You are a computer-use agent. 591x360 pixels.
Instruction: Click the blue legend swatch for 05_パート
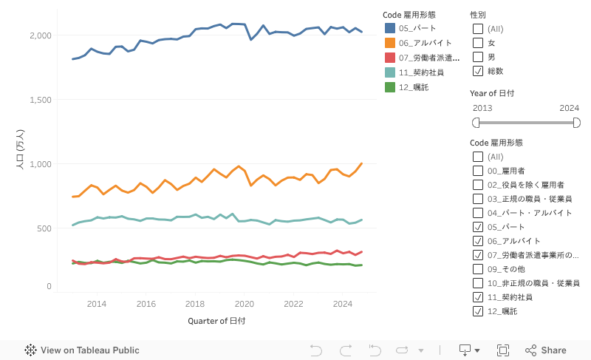(x=390, y=28)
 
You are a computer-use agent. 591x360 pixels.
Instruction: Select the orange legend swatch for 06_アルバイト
(x=390, y=43)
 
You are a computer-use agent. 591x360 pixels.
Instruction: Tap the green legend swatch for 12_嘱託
(x=390, y=87)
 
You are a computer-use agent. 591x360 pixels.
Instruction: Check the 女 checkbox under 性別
(x=478, y=43)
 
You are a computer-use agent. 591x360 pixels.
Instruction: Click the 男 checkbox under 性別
(x=478, y=57)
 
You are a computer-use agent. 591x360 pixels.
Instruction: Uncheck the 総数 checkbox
(x=478, y=71)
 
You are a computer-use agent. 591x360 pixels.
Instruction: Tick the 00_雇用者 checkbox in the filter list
(x=478, y=171)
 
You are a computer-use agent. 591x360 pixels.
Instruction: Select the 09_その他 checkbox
(x=478, y=269)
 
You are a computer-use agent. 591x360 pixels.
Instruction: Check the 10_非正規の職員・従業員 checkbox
(x=478, y=283)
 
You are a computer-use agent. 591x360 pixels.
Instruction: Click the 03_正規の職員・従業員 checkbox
(x=478, y=199)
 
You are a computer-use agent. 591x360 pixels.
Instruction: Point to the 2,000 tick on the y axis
(x=40, y=35)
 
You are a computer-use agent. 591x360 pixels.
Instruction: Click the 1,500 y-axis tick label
(x=40, y=100)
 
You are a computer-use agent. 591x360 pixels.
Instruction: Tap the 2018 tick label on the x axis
(x=195, y=304)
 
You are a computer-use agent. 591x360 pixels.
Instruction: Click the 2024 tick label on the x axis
(x=343, y=304)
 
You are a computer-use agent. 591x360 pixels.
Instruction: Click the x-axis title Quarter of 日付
(x=216, y=321)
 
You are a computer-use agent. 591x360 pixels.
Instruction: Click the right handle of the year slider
(x=576, y=122)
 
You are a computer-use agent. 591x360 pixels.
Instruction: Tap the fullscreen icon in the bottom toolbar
(x=503, y=350)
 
